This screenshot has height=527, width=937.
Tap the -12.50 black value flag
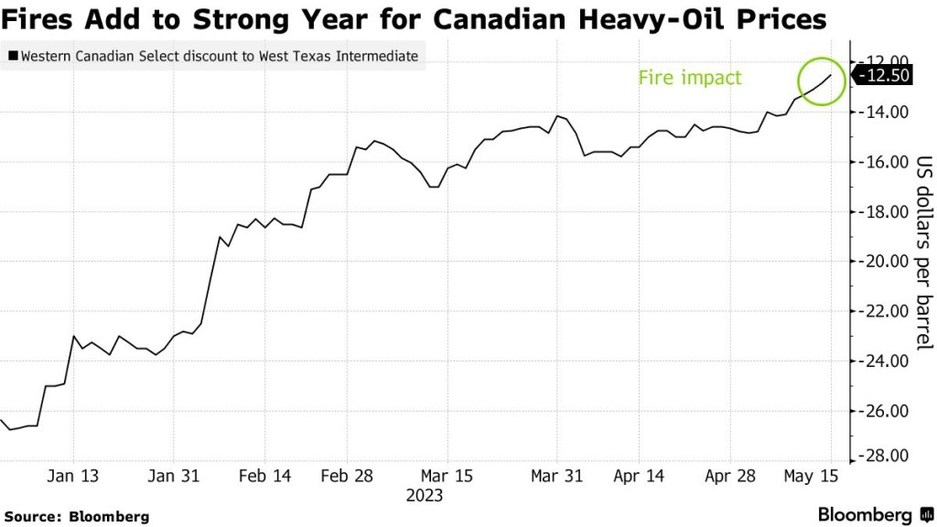[x=884, y=76]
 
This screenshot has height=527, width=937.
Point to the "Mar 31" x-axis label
[x=558, y=476]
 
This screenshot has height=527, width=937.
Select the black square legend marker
[x=12, y=57]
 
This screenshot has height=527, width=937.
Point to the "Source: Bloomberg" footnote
[x=76, y=516]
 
